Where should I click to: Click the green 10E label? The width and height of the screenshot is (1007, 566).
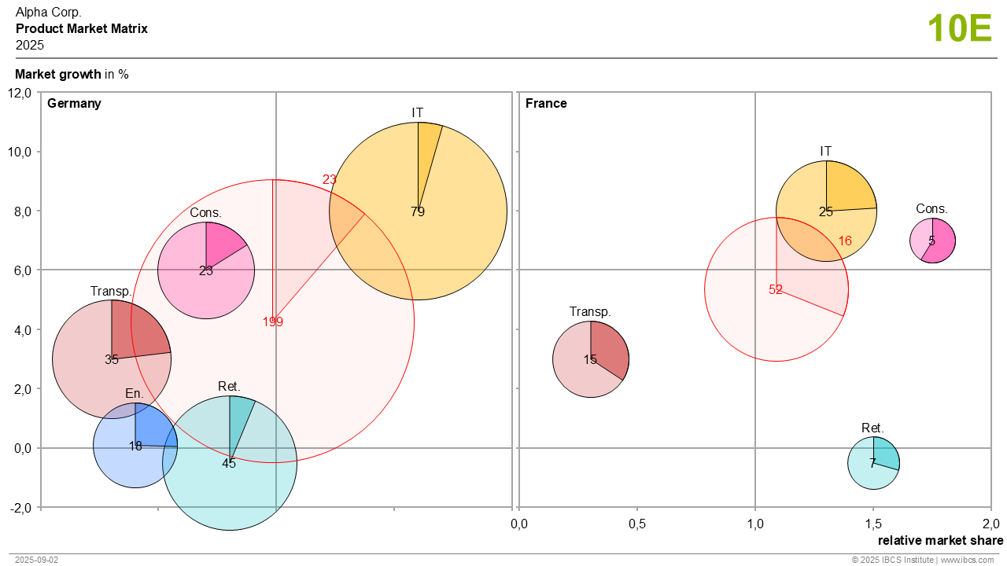(x=959, y=29)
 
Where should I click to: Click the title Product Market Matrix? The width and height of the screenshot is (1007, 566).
(x=82, y=29)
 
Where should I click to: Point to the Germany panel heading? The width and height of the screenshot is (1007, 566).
(x=74, y=103)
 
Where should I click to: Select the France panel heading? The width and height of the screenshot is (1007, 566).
(x=546, y=103)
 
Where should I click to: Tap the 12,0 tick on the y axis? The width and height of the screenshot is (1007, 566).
(x=19, y=93)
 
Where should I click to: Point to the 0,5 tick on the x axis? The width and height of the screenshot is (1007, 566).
(x=637, y=524)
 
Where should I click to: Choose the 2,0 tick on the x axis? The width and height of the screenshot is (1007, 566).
(x=990, y=524)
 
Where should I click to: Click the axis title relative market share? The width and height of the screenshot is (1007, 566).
(x=940, y=540)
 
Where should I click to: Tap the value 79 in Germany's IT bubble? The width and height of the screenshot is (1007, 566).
(x=418, y=211)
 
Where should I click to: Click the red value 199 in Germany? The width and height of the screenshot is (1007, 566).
(x=273, y=322)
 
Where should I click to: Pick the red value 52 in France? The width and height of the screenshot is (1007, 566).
(x=776, y=289)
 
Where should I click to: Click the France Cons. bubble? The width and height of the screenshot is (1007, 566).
(x=932, y=241)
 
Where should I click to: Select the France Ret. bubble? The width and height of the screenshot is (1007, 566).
(x=873, y=463)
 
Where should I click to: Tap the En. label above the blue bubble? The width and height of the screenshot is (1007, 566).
(x=134, y=393)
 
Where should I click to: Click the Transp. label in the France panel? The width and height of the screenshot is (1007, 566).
(x=590, y=312)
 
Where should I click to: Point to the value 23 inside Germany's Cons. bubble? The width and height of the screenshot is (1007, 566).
(x=206, y=271)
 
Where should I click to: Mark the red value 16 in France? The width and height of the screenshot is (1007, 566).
(x=845, y=241)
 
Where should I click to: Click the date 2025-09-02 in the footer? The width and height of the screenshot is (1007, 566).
(x=36, y=560)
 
